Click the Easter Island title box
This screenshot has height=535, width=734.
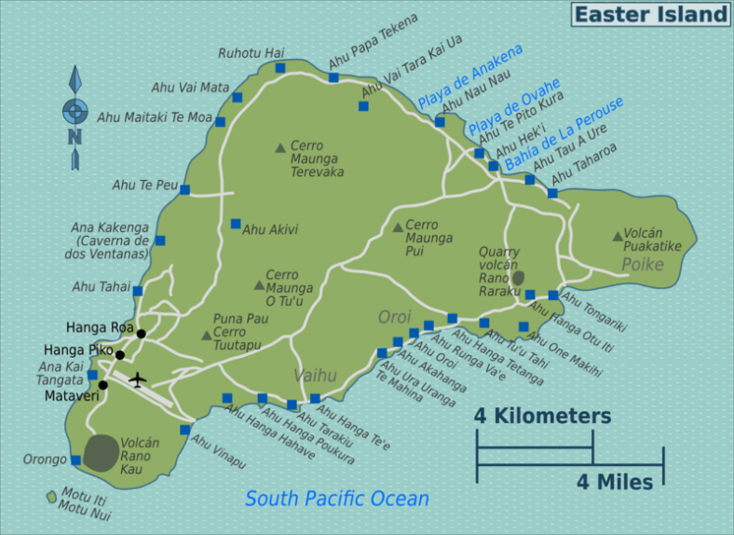tap(650, 14)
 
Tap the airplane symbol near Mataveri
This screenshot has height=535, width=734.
tap(138, 379)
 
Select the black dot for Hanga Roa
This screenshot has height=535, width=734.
tap(141, 334)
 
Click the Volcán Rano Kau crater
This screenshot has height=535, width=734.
tap(102, 452)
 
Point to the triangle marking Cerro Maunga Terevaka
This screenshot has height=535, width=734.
tap(279, 147)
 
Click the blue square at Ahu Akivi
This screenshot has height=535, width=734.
tap(236, 224)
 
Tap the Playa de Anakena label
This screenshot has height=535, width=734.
tap(470, 75)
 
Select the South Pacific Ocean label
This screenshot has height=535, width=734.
tap(337, 499)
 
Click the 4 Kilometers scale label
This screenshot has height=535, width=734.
tap(542, 416)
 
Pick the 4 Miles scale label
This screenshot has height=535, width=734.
tap(615, 482)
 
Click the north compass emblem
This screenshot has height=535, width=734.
tap(75, 113)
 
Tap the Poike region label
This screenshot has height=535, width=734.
tap(643, 265)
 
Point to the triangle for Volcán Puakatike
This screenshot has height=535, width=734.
tap(617, 237)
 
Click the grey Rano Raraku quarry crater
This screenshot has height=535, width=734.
tap(519, 278)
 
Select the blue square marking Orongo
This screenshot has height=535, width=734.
tap(75, 460)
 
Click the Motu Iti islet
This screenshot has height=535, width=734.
tap(51, 497)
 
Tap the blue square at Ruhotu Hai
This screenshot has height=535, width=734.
tap(280, 68)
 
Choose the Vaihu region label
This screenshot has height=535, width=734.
tap(314, 376)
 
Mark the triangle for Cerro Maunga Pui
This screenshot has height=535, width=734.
tap(398, 227)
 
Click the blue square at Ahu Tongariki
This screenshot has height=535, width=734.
tap(553, 295)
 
